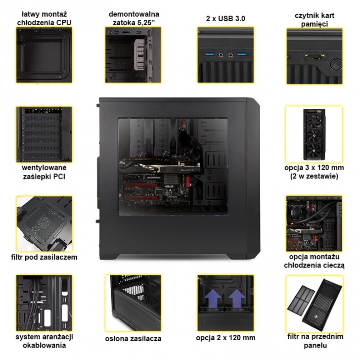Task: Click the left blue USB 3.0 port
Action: [x=210, y=55]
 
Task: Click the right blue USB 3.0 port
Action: [x=242, y=55]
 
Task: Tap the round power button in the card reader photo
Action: [x=336, y=64]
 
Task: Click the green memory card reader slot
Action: [x=315, y=56]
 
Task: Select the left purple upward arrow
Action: [x=212, y=298]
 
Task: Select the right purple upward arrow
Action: [x=236, y=298]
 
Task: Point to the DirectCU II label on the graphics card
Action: [x=187, y=170]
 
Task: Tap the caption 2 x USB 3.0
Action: [x=225, y=19]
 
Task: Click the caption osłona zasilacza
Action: [x=133, y=339]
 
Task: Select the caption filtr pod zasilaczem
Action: [x=44, y=257]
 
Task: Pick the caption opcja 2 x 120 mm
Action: [x=225, y=338]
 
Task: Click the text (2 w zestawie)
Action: [x=314, y=177]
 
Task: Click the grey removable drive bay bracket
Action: [x=139, y=54]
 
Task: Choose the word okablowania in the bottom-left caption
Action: [x=44, y=346]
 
